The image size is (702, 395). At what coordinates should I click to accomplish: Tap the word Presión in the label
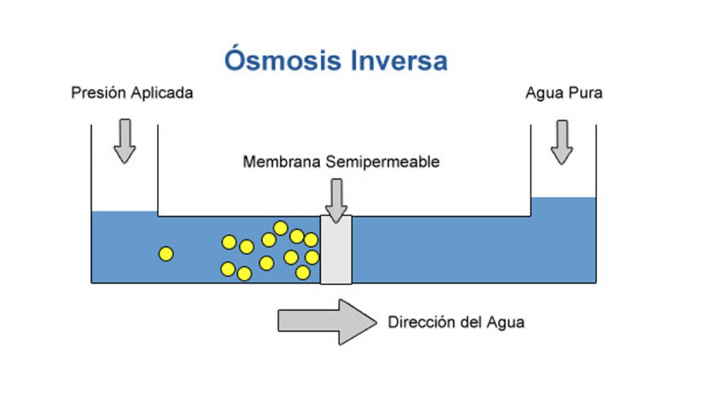click(96, 93)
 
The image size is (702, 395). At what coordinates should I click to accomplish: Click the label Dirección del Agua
click(457, 321)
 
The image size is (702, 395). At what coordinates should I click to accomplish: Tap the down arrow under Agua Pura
click(561, 142)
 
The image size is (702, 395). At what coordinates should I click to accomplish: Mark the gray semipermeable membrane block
click(336, 250)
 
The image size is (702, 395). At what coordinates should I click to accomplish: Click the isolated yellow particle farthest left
click(165, 254)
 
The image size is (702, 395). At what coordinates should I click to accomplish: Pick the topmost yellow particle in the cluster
click(280, 228)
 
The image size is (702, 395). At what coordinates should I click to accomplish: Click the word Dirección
click(420, 321)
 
